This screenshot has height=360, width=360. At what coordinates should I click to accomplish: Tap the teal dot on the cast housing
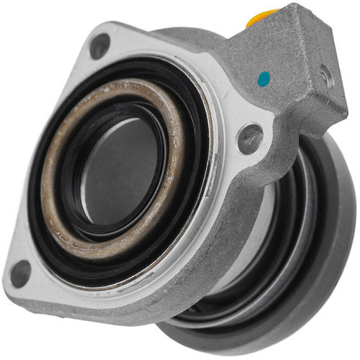(x=264, y=76)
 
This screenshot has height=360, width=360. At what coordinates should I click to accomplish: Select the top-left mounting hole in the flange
(x=99, y=46)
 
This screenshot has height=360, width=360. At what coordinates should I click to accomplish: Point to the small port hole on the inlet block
(x=327, y=76)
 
